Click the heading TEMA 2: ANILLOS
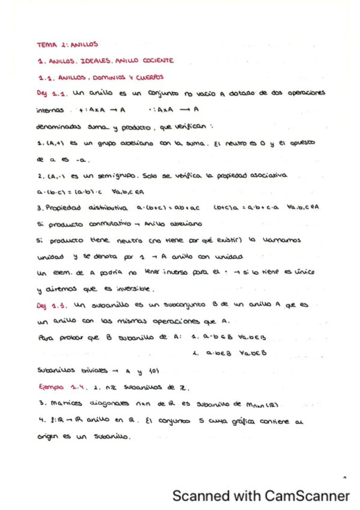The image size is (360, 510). [x=67, y=44]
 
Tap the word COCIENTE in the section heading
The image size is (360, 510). [x=153, y=60]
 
